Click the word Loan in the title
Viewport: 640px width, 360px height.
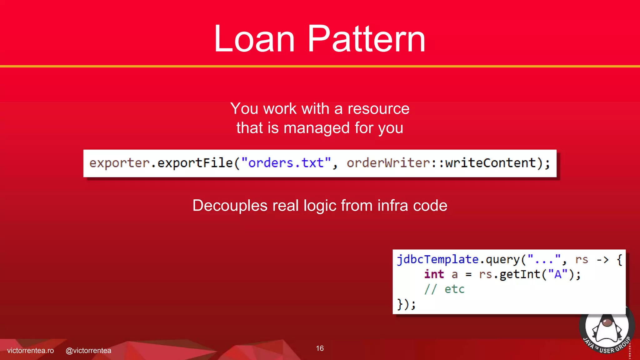[x=254, y=39]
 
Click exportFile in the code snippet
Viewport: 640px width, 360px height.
[x=195, y=163]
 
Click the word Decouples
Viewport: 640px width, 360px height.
[x=230, y=206]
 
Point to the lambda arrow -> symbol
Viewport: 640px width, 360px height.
[x=602, y=260]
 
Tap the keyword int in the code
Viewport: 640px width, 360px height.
[x=434, y=274]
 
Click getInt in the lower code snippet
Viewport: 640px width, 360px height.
[x=520, y=274]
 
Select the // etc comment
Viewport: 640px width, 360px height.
[x=444, y=289]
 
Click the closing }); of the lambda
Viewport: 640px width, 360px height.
[x=406, y=304]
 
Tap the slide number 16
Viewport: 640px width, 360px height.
[x=320, y=348]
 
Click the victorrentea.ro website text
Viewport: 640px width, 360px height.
[x=30, y=351]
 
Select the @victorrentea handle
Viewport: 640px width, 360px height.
[x=88, y=351]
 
